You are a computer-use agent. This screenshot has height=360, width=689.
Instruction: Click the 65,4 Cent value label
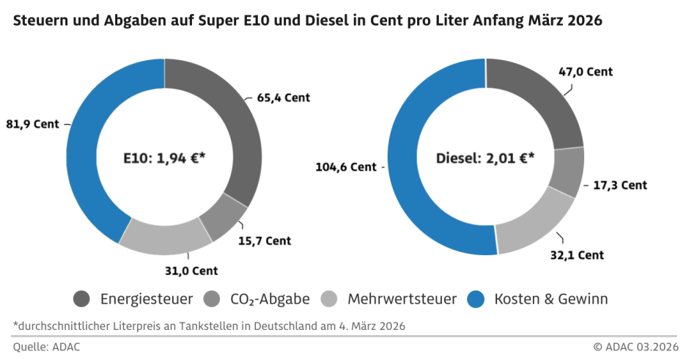point(284,97)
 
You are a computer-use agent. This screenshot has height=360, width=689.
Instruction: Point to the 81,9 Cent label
point(32,124)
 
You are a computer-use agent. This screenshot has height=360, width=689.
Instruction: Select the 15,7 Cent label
point(265,240)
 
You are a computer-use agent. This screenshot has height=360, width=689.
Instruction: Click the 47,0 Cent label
point(585,72)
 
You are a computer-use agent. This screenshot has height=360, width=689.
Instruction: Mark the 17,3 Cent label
point(619,185)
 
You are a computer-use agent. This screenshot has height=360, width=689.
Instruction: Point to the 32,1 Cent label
point(576,254)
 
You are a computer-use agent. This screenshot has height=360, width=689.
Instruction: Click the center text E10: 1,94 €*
point(163,157)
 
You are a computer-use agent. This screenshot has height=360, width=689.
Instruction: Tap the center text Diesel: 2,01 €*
point(485,157)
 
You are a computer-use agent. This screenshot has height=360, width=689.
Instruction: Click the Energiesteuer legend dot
point(82,299)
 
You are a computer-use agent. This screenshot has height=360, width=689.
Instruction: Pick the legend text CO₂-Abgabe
point(270,299)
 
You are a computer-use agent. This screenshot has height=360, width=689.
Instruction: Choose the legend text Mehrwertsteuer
point(402,299)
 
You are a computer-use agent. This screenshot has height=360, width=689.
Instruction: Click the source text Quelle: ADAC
point(46,347)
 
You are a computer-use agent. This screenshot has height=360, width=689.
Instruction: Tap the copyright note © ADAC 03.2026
point(635,347)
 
